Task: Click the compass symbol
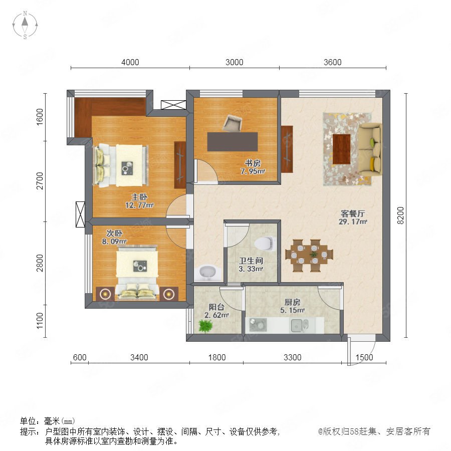pos(25,25)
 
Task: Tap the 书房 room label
pos(253,163)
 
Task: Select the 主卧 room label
pos(139,197)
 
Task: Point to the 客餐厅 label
pos(353,213)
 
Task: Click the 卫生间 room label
pos(251,261)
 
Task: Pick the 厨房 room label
pos(292,302)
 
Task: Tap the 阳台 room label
pos(216,307)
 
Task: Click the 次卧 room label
pos(114,233)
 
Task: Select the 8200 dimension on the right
pos(400,215)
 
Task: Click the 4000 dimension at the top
pos(130,62)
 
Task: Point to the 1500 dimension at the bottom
pos(364,357)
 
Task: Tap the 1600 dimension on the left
pos(40,116)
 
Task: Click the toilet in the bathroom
pos(264,244)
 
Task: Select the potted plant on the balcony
pos(205,326)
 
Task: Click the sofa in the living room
pos(370,149)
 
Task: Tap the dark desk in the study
pos(233,141)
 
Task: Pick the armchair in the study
pos(233,123)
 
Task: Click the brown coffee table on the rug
pos(341,149)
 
